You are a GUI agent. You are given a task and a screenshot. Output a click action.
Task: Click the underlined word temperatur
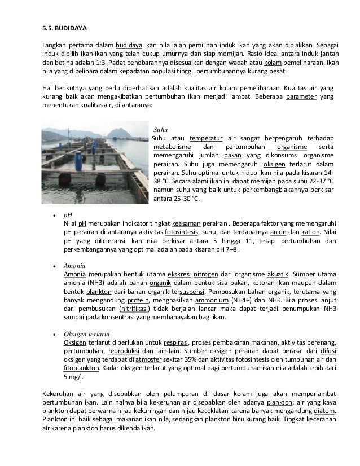(x=205, y=139)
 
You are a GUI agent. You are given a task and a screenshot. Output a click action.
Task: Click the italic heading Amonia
(x=75, y=265)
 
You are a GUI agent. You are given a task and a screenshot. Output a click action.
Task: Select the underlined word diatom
(x=323, y=411)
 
